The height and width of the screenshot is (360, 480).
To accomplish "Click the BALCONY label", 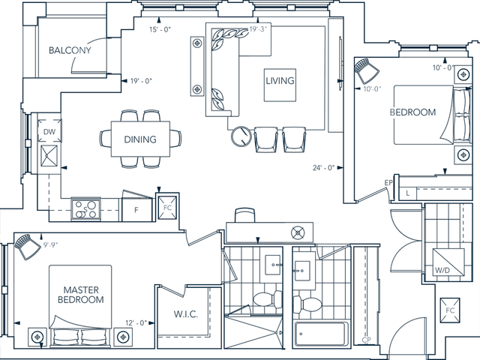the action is (x=70, y=50).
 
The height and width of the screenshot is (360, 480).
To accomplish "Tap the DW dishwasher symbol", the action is (x=49, y=131).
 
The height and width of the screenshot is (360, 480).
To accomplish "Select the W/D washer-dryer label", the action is (x=442, y=270).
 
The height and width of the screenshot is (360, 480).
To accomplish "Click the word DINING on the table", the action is (x=140, y=139).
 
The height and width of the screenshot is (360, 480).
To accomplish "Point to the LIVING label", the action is (x=280, y=81).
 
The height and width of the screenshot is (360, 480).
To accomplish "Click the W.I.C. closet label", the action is (x=185, y=314).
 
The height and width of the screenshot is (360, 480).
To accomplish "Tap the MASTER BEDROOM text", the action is (x=81, y=295).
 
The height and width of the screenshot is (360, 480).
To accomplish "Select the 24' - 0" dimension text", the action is (x=323, y=168).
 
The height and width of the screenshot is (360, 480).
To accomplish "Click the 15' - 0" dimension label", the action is (x=160, y=29).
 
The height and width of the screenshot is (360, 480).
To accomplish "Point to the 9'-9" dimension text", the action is (x=50, y=244).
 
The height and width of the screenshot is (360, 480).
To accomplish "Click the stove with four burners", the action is (x=86, y=208).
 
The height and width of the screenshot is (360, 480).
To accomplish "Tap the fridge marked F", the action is (x=136, y=205).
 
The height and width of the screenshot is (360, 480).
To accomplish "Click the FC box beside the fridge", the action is (x=167, y=208).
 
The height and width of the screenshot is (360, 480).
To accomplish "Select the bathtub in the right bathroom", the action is (x=321, y=334).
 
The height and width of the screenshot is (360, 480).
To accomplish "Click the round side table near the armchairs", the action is (x=241, y=136).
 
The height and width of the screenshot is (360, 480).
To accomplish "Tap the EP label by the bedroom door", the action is (x=388, y=183).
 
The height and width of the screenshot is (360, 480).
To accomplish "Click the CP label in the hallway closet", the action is (x=367, y=340).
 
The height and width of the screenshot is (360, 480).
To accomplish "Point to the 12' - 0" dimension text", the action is (x=136, y=323).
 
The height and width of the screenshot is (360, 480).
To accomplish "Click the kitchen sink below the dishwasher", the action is (x=49, y=156).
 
